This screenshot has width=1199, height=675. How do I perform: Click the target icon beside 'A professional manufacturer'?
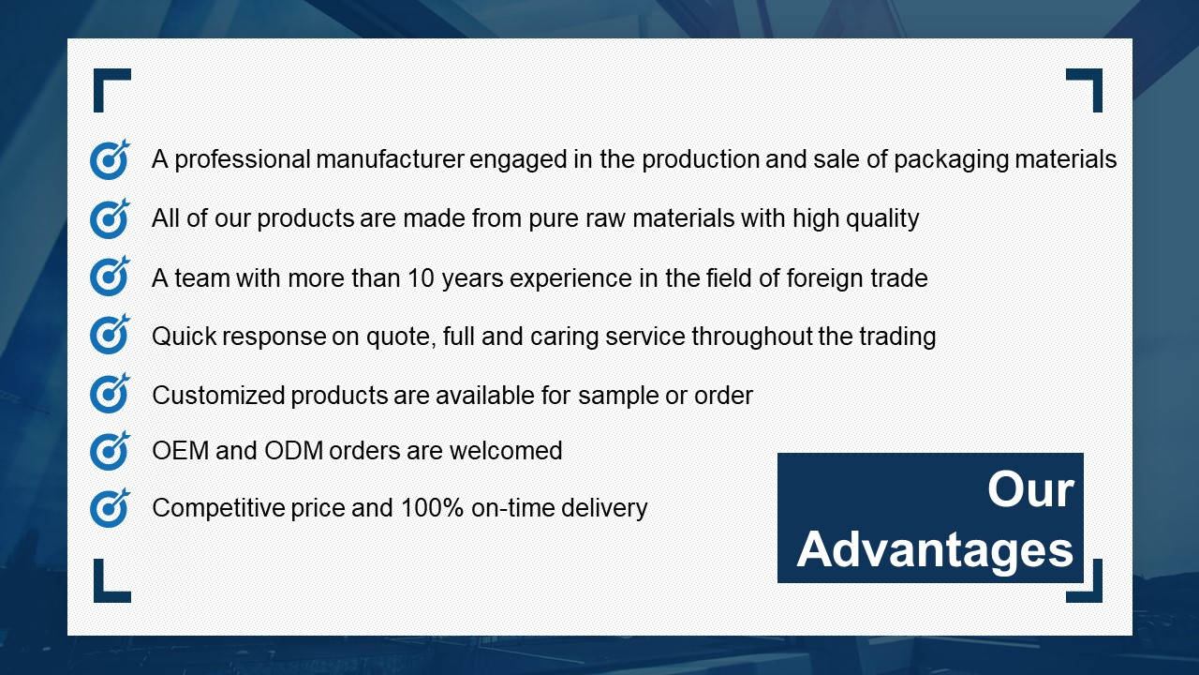tap(110, 159)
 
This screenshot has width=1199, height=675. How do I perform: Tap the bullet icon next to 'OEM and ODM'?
tap(110, 451)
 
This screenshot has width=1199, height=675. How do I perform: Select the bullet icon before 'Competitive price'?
tap(110, 508)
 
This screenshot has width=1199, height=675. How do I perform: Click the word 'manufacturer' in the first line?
tap(390, 159)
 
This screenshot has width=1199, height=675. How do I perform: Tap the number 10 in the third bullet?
tap(421, 278)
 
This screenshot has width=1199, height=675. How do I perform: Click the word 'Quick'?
tap(185, 337)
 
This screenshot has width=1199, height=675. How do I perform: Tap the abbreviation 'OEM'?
tap(181, 451)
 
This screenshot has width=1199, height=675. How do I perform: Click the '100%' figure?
tap(432, 508)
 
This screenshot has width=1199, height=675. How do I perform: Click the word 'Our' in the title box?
tap(1030, 489)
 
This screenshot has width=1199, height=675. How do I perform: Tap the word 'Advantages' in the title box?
tap(935, 551)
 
